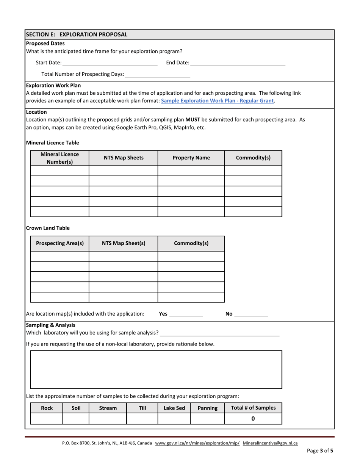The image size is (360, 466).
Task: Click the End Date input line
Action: point(238,63)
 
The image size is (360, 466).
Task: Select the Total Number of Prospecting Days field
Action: point(157,74)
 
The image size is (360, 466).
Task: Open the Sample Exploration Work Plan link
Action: point(218,101)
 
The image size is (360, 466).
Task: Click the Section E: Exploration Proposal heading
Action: point(77,34)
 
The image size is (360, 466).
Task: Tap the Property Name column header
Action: point(191,158)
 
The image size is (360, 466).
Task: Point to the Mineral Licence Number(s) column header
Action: point(59,158)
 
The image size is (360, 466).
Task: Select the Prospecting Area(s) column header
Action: point(59,243)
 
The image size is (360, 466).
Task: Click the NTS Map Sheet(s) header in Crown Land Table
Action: point(123,243)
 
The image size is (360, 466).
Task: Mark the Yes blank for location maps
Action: point(186,314)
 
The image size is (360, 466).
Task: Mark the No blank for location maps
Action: point(251,314)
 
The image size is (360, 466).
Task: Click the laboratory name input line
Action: point(220,333)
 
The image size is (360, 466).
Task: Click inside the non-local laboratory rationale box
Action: point(156,369)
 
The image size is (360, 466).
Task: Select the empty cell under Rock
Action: point(47,419)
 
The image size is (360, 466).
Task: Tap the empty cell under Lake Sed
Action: point(174,419)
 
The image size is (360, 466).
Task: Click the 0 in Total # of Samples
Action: point(253,419)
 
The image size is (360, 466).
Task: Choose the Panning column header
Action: point(207,408)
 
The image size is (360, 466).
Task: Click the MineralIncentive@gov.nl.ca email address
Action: point(270,443)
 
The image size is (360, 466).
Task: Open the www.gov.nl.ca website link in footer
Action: point(197,443)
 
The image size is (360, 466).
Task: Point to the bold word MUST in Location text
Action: point(193,120)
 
